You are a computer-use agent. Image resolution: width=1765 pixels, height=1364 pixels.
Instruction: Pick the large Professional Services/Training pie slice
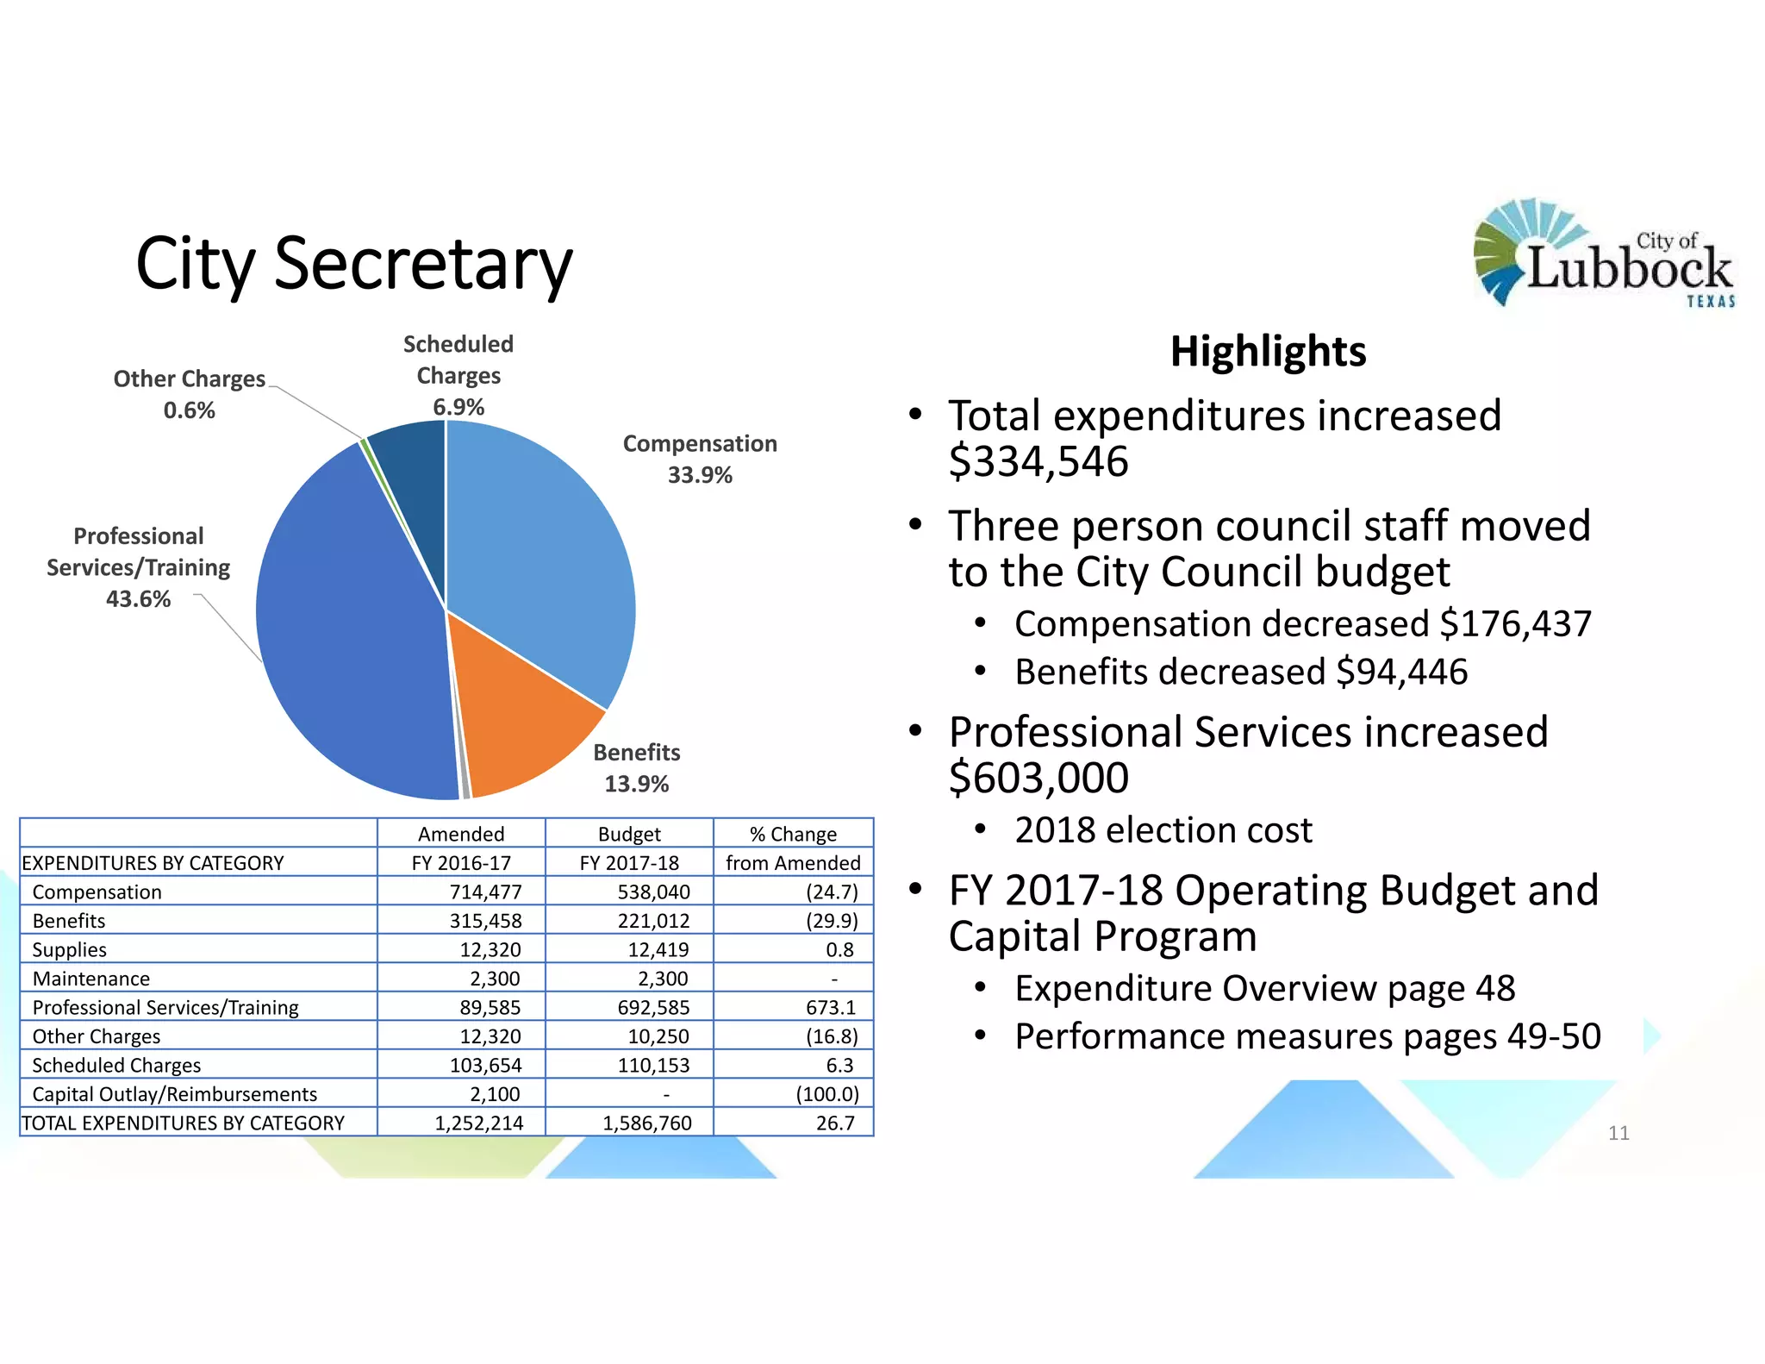(x=353, y=629)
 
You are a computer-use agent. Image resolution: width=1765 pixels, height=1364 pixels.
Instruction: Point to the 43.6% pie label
(x=138, y=598)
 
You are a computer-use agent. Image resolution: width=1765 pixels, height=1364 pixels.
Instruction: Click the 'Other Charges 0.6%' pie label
(x=190, y=394)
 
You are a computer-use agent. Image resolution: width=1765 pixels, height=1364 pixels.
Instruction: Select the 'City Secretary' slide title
(x=353, y=263)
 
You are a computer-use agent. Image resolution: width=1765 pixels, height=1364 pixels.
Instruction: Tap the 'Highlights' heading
(x=1268, y=352)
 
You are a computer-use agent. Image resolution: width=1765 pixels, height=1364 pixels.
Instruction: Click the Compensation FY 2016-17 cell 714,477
(x=485, y=892)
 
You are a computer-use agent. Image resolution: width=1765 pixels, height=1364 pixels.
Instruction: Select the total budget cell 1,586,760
(x=646, y=1123)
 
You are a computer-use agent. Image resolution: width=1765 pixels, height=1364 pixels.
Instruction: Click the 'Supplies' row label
(x=70, y=949)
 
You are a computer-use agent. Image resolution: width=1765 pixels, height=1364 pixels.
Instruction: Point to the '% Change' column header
(x=793, y=834)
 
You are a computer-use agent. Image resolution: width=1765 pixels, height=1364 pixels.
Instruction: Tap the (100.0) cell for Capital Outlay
(x=826, y=1094)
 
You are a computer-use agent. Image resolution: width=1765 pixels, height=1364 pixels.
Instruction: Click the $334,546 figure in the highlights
(x=1038, y=461)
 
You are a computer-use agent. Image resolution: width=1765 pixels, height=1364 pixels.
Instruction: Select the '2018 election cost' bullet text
(x=1163, y=830)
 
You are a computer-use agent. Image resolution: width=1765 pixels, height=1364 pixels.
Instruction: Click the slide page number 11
(x=1618, y=1133)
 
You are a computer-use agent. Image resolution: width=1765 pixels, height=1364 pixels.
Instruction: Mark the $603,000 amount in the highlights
(x=1038, y=778)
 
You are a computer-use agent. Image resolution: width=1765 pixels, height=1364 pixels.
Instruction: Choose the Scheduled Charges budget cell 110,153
(x=653, y=1065)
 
